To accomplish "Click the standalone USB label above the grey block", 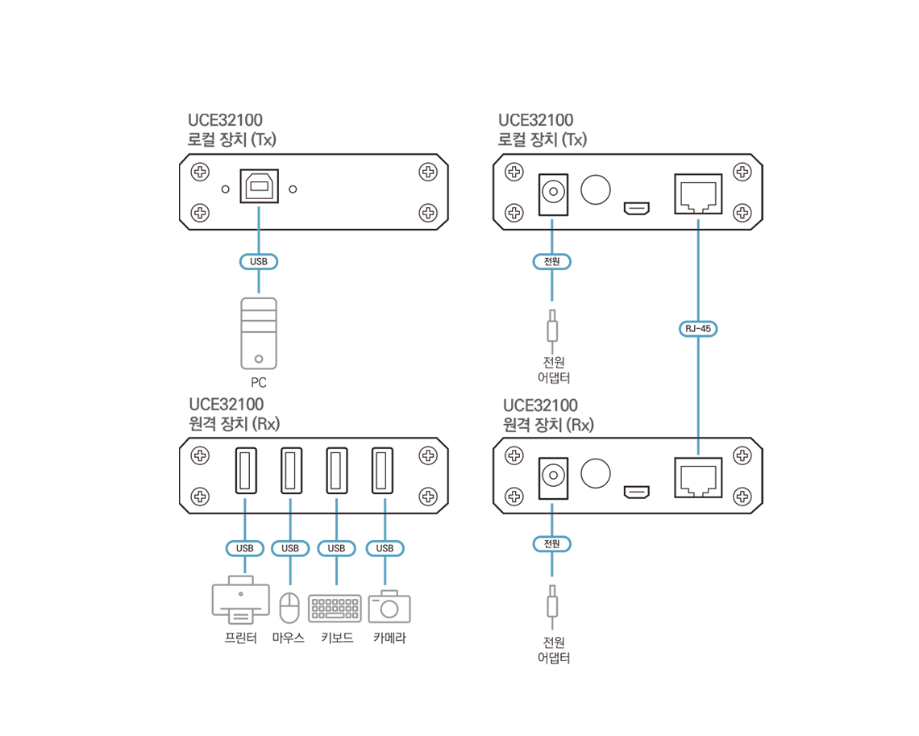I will coord(259,261).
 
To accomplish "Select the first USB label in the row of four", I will coord(245,548).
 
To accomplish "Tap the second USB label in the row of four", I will coord(290,548).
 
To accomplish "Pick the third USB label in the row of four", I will coord(337,548).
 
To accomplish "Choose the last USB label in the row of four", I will coord(385,548).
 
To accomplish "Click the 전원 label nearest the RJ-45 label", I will coord(552,261).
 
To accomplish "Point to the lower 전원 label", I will coord(552,544).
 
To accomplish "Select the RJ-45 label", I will coord(698,329).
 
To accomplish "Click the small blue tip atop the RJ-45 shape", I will coord(698,222).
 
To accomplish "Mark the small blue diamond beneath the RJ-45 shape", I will coord(698,447).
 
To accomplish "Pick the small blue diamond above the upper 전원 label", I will coord(552,223).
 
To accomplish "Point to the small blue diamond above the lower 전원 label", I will coord(552,507).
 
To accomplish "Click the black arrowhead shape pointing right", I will coord(306,191).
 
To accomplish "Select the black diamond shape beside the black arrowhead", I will coord(222,190).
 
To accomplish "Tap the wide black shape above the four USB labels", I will coord(314,472).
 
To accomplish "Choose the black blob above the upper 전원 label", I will coord(575,192).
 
